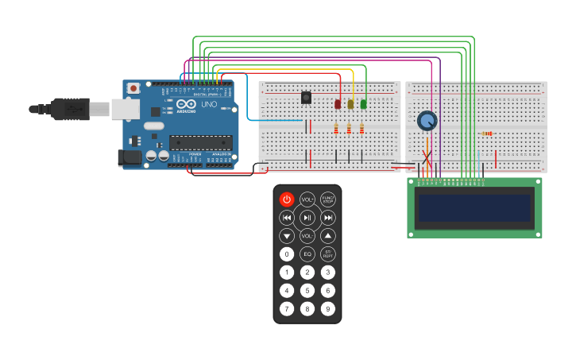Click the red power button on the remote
tap(287, 199)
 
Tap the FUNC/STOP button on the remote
tap(327, 199)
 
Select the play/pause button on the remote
tap(307, 217)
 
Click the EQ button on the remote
tap(307, 254)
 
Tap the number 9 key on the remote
tap(327, 308)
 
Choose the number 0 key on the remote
tap(287, 254)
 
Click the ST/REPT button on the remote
tap(327, 254)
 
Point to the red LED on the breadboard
tap(338, 104)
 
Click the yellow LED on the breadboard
tap(350, 104)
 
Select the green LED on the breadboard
tap(363, 104)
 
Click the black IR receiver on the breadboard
tap(306, 98)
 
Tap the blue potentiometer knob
tap(427, 121)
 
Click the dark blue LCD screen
tap(474, 208)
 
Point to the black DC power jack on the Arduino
tap(130, 157)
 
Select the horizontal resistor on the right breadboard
tap(487, 134)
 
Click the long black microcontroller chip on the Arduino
tap(200, 142)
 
